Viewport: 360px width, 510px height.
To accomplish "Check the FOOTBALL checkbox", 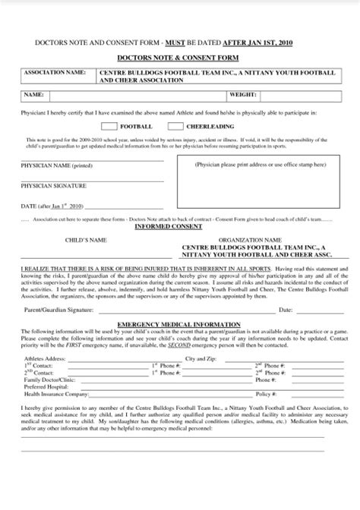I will click(x=109, y=126).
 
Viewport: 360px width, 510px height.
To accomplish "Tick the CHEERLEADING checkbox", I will click(x=176, y=126).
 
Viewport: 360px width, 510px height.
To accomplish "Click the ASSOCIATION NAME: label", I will click(x=55, y=72).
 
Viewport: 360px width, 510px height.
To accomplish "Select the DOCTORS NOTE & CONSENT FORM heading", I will click(x=178, y=58).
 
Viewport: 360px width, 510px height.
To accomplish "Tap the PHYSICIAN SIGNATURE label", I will click(x=52, y=185).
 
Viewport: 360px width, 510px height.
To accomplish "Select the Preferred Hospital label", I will click(x=46, y=386).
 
